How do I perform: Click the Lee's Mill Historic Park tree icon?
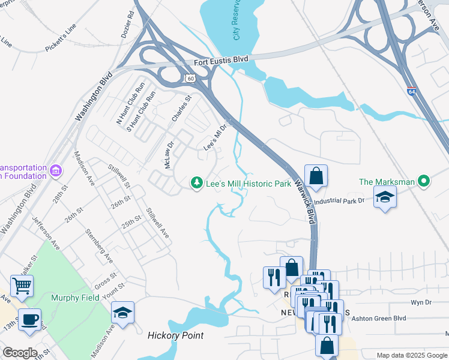point(196,182)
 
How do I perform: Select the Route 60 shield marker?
point(190,78)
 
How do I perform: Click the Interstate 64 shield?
point(411,92)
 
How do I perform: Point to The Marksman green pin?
point(424,181)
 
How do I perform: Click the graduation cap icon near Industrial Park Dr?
point(384,197)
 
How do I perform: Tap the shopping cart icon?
point(22,286)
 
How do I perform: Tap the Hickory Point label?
point(175,336)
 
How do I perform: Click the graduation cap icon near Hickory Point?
point(122,313)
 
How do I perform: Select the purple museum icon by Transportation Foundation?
point(56,171)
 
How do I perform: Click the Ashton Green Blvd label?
point(382,318)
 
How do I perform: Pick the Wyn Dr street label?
point(418,303)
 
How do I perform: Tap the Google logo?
point(20,353)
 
